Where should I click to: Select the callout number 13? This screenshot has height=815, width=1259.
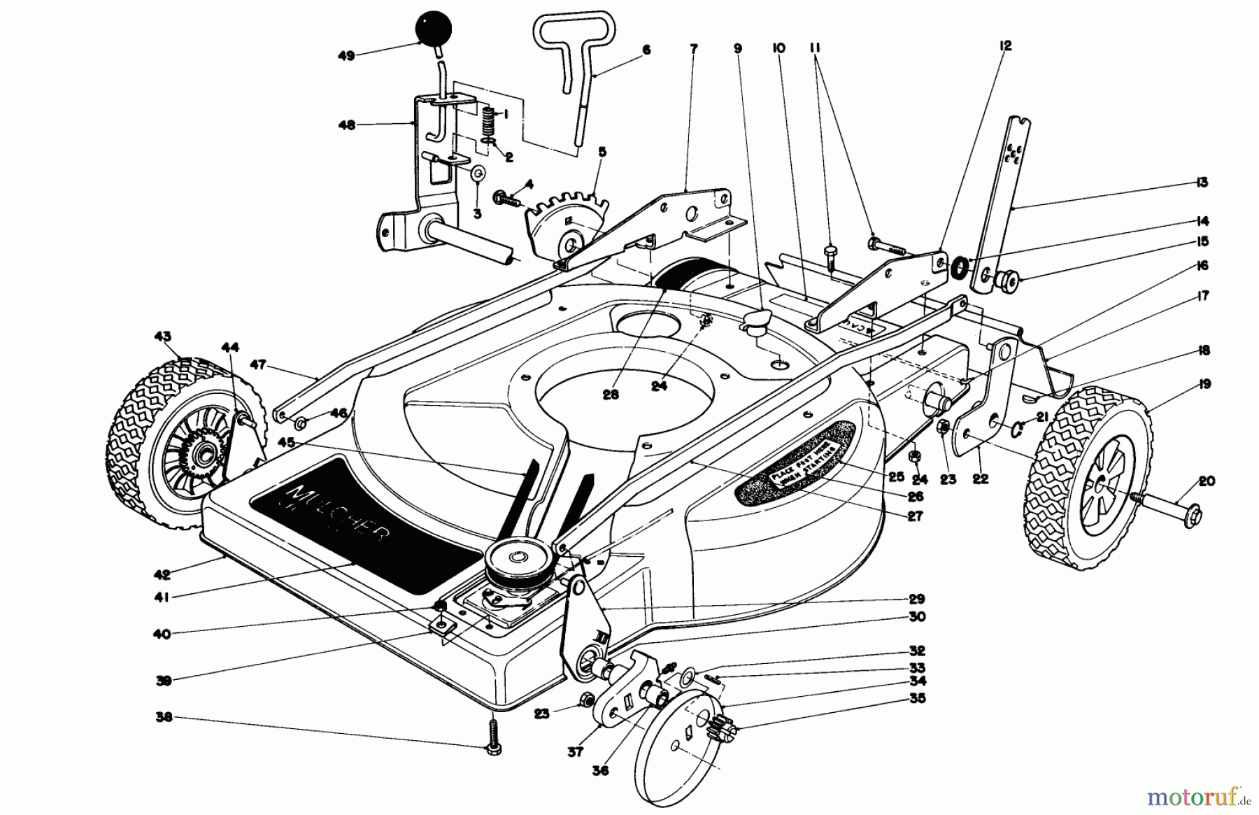pos(1202,183)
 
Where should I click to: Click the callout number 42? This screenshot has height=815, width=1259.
pos(162,575)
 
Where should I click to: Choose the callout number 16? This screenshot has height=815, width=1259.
pos(1202,266)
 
